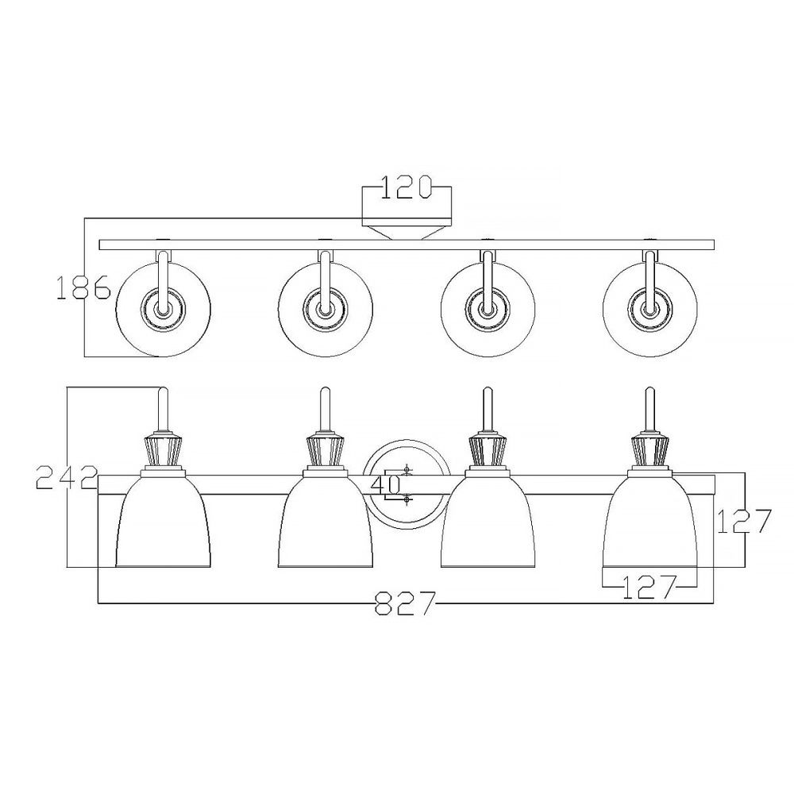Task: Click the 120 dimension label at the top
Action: tap(406, 187)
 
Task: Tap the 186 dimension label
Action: tap(83, 288)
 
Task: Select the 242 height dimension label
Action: tap(67, 478)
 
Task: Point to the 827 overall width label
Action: tap(405, 603)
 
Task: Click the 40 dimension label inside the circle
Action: tap(386, 486)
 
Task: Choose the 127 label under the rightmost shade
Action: tap(649, 587)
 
